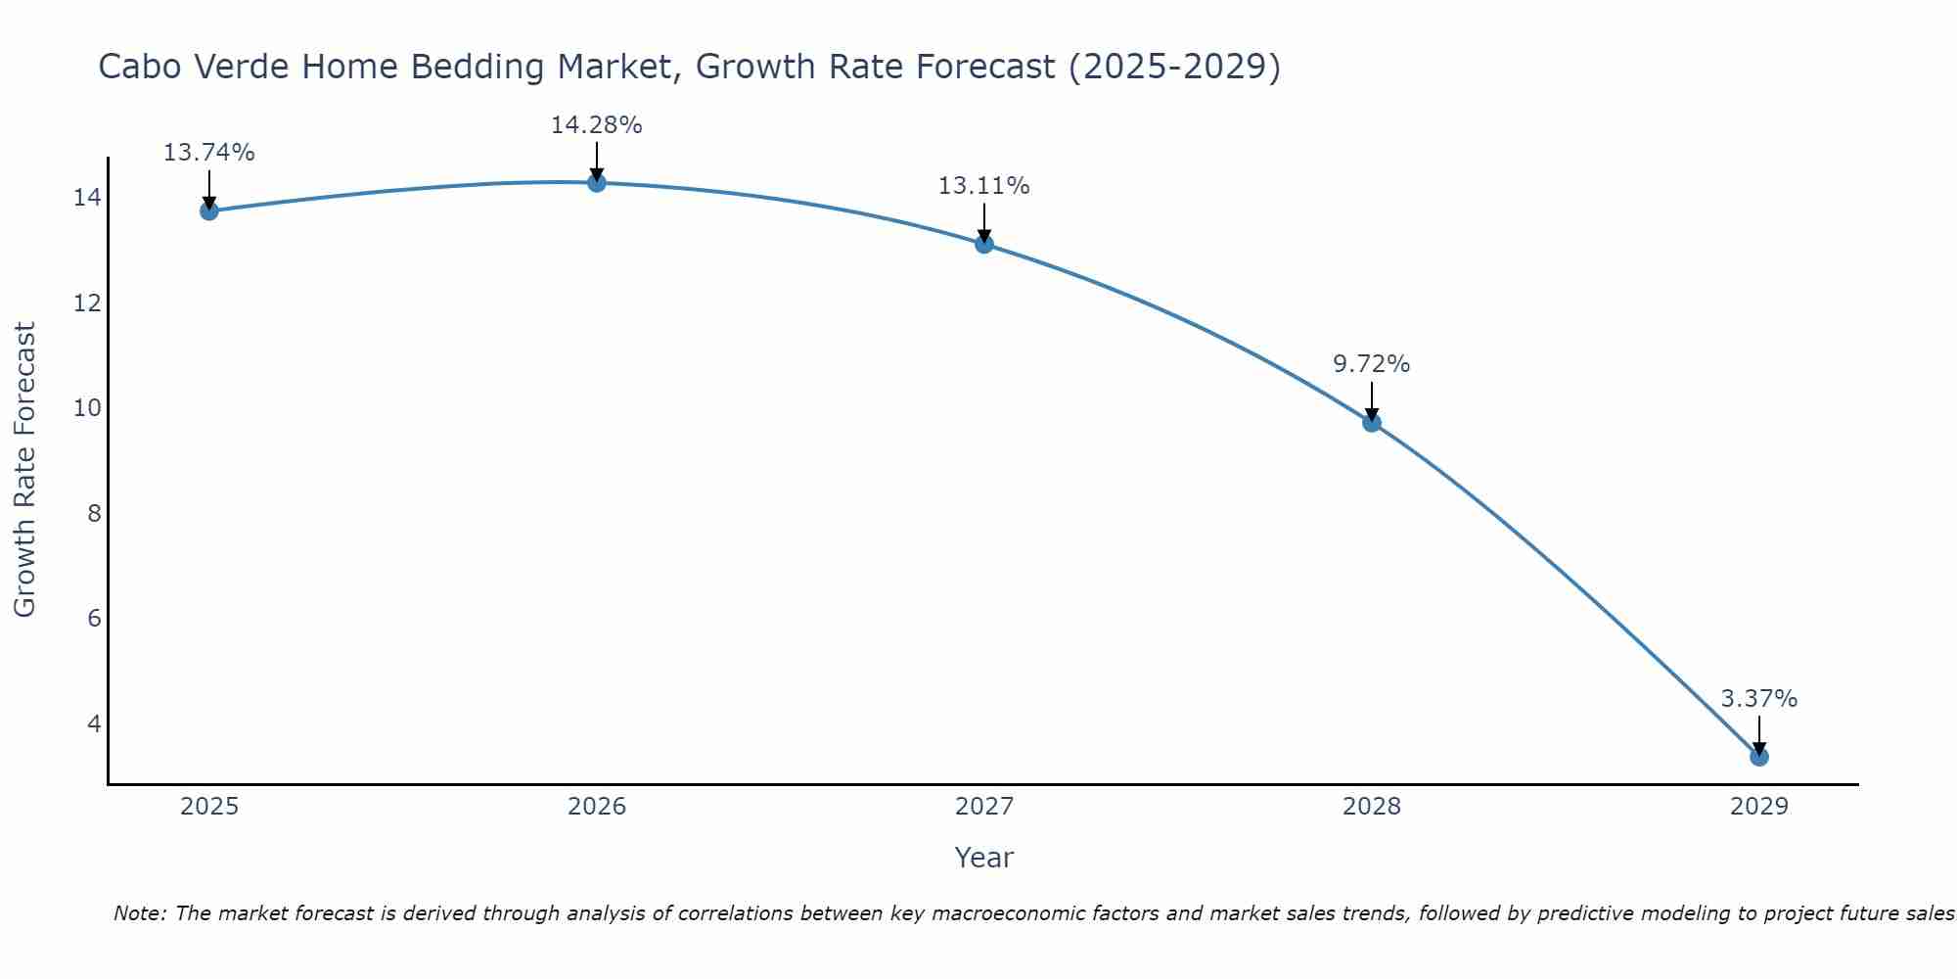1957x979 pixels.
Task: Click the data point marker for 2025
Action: point(209,210)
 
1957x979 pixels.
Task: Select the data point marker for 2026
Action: point(597,182)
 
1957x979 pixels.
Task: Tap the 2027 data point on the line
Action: point(984,244)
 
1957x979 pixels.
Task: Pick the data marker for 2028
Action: point(1372,422)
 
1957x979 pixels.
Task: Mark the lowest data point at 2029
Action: point(1758,756)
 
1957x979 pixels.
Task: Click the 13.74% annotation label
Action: point(208,153)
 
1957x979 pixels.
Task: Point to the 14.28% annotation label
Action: point(596,125)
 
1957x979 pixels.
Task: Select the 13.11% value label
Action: point(983,186)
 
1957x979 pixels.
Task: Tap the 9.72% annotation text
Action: point(1371,364)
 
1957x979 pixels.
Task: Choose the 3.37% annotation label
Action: point(1758,699)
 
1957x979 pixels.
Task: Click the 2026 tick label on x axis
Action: point(597,807)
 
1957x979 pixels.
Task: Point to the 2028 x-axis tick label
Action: point(1372,807)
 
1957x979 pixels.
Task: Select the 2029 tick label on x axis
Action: point(1758,807)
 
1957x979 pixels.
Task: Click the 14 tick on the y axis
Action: point(86,198)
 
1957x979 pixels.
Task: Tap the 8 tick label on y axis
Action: point(94,513)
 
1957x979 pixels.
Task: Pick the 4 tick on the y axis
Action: point(94,723)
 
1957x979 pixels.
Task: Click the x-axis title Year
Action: point(983,858)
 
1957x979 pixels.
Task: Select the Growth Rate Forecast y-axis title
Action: point(24,470)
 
